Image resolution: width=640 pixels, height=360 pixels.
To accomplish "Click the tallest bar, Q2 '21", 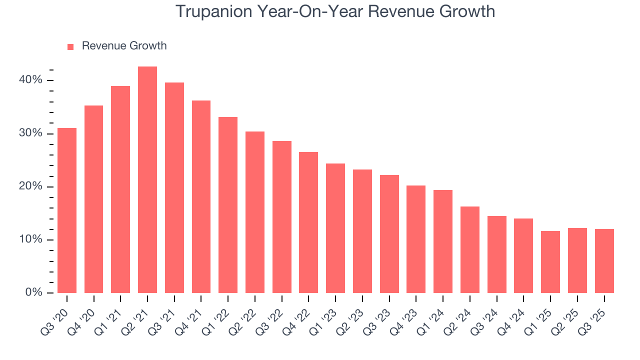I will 147,180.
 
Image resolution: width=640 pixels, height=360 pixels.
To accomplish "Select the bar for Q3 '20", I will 67,210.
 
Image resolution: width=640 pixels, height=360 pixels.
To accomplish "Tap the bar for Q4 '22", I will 308,222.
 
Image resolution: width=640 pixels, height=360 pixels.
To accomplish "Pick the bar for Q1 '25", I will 550,262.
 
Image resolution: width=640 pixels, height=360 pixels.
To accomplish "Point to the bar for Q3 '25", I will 604,261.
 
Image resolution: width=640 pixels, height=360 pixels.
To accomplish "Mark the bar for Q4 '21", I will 201,196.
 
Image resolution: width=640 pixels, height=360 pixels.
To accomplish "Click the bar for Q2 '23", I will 362,231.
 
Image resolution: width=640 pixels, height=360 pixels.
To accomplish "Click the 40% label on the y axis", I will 31,80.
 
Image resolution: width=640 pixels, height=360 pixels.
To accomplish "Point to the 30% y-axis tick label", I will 31,133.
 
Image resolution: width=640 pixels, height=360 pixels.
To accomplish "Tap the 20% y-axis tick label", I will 31,186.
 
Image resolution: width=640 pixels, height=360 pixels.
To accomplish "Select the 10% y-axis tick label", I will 31,239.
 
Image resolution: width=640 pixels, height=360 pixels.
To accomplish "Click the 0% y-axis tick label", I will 34,292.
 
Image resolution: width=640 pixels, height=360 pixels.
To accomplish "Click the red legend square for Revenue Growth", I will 70,46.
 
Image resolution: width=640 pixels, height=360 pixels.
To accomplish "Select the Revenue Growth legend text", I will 124,46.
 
